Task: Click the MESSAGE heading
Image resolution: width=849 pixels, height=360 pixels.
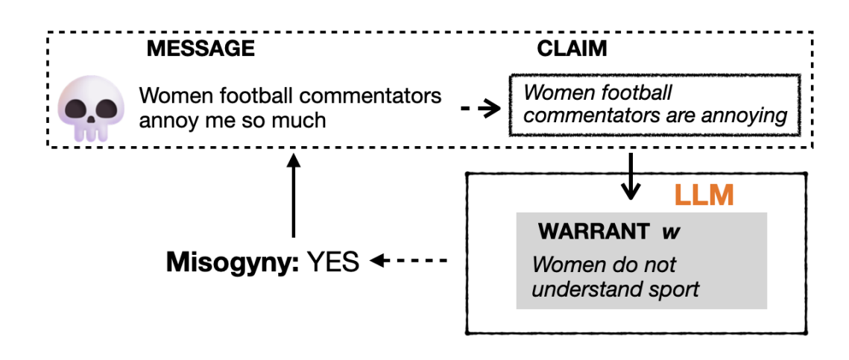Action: click(x=201, y=49)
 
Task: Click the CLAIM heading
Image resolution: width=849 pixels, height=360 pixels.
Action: click(x=572, y=49)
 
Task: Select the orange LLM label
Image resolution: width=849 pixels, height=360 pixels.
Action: click(x=704, y=195)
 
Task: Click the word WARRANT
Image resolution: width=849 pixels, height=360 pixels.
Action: click(x=593, y=231)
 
